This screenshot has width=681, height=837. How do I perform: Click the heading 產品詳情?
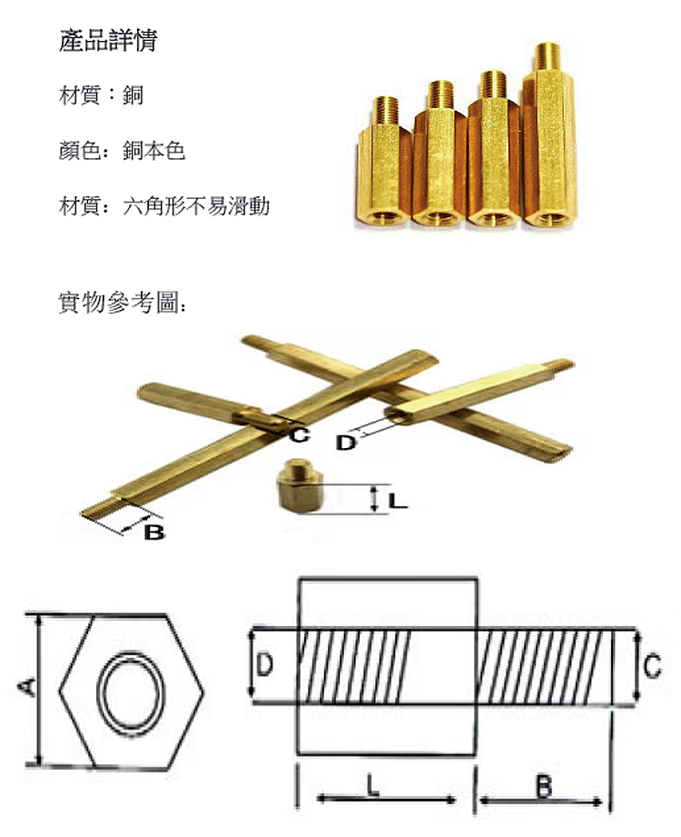(106, 42)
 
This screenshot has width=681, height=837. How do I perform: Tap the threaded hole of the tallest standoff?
(548, 218)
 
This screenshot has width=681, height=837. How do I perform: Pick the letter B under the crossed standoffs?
(154, 533)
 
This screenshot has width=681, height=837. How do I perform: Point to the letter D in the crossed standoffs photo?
(346, 443)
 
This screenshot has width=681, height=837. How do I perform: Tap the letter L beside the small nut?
(398, 500)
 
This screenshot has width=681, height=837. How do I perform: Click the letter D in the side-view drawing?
(263, 665)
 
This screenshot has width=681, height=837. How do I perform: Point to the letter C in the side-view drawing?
(652, 668)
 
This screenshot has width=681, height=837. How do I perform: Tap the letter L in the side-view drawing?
(373, 782)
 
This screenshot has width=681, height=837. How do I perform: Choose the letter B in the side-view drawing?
(543, 785)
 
